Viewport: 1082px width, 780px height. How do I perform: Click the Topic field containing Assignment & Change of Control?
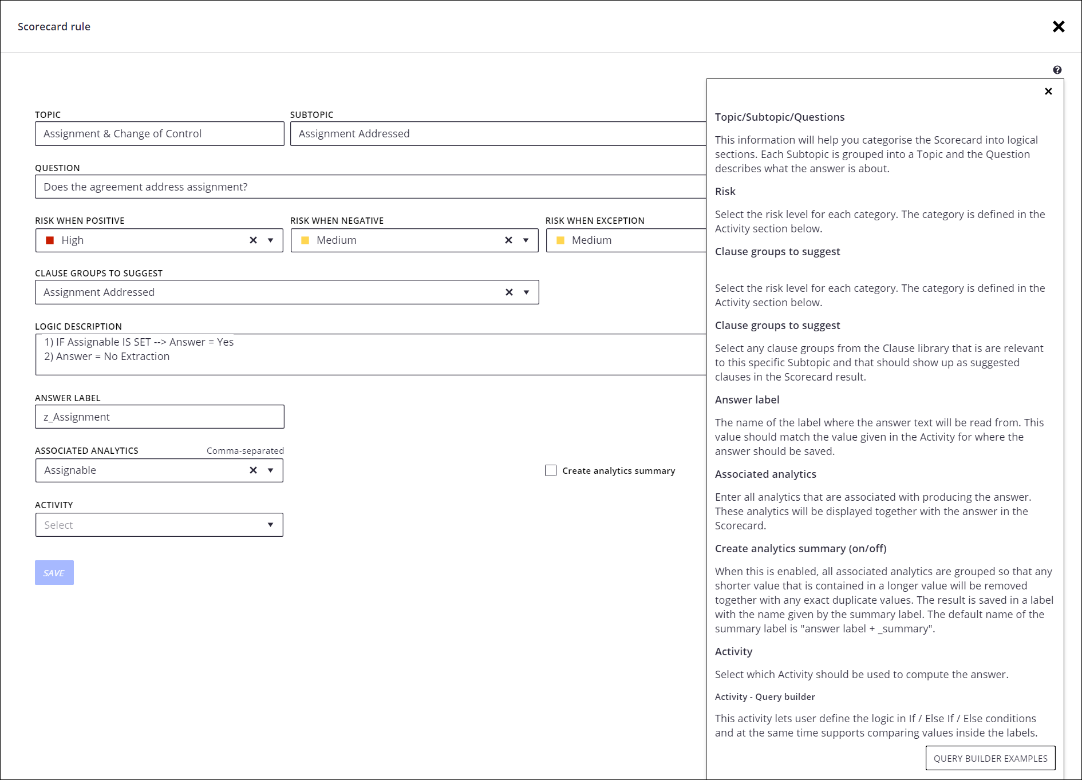tap(159, 133)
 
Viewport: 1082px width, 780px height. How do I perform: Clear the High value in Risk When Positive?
tap(253, 240)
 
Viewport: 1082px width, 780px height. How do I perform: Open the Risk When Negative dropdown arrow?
tap(526, 240)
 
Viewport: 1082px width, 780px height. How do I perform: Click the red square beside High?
tap(50, 240)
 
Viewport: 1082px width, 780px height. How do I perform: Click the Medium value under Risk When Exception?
tap(591, 240)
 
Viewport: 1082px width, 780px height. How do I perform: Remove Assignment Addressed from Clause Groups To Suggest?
tap(509, 292)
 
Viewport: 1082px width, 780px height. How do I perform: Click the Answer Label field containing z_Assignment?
tap(159, 417)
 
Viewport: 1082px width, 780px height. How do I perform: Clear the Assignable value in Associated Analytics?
tap(253, 470)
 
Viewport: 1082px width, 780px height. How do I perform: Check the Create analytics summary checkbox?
tap(551, 470)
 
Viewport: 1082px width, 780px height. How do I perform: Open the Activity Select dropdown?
tap(159, 525)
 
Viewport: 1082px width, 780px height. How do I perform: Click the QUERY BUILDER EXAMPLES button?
tap(990, 758)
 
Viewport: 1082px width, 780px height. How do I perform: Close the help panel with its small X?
tap(1048, 92)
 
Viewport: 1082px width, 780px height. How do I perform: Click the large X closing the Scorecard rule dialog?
tap(1059, 27)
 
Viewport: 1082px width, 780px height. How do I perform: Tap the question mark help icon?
tap(1057, 70)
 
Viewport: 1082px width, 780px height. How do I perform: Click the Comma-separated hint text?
tap(245, 451)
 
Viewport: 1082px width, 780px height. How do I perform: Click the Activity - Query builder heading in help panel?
tap(764, 697)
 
